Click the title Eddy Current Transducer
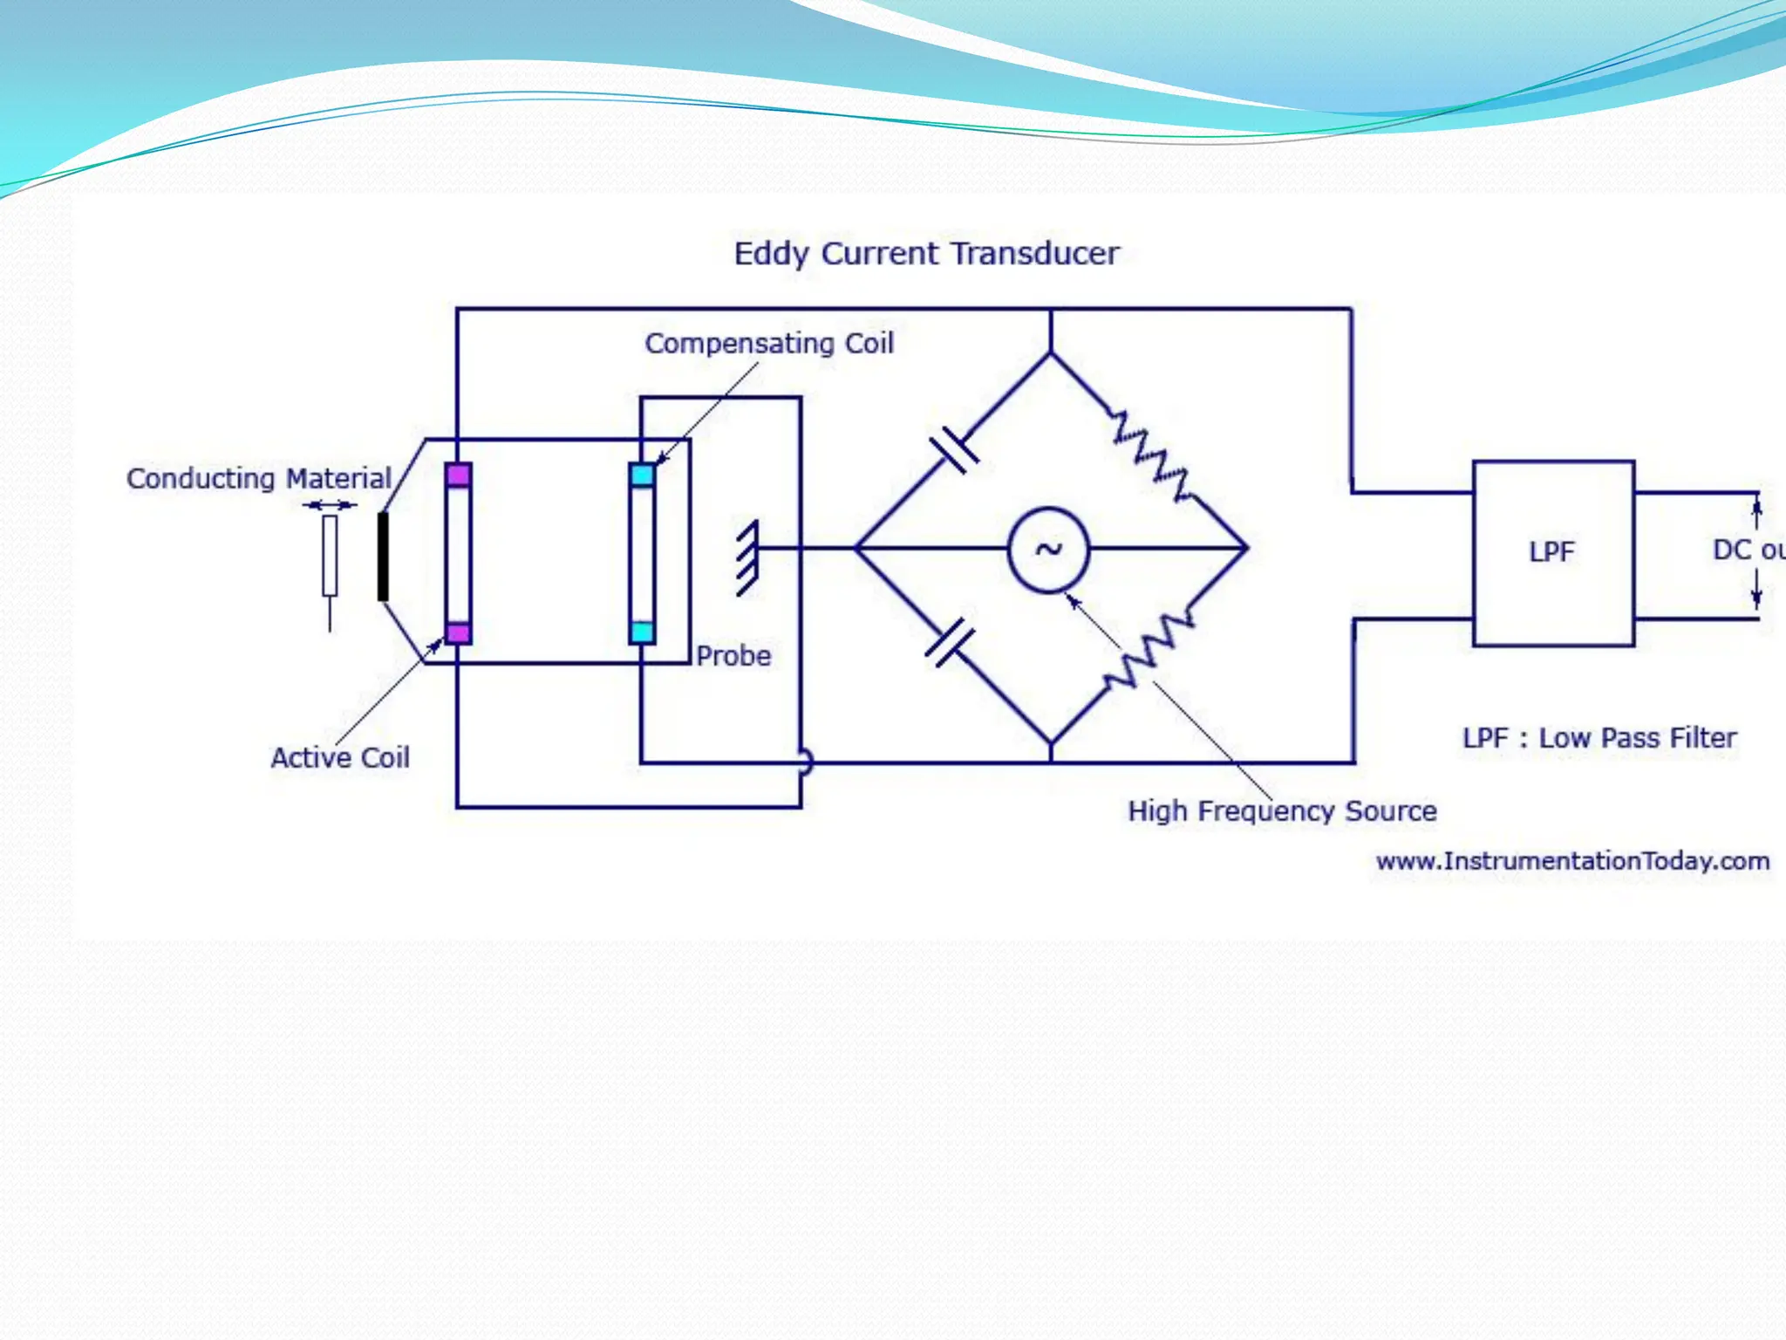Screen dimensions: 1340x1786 coord(926,254)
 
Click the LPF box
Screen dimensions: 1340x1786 coord(1552,553)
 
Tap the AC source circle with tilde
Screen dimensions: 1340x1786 coord(1047,550)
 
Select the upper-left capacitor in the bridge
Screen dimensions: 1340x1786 coord(955,451)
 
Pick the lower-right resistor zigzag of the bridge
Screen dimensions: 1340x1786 coord(1149,650)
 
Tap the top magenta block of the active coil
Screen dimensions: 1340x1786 coord(458,475)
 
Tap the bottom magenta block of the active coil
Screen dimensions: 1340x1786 coord(458,632)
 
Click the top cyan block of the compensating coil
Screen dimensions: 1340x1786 coord(642,475)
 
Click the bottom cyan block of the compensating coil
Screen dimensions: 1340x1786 coord(642,632)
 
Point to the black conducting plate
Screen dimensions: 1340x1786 coord(382,557)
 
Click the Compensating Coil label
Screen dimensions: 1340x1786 coord(769,344)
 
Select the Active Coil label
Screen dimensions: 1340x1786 coord(340,758)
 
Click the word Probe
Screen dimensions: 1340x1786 coord(733,656)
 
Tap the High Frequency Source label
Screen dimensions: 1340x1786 coord(1282,811)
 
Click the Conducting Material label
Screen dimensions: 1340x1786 coord(259,479)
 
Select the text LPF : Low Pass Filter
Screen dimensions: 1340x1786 coord(1599,738)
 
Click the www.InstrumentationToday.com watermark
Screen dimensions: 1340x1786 coord(1572,862)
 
